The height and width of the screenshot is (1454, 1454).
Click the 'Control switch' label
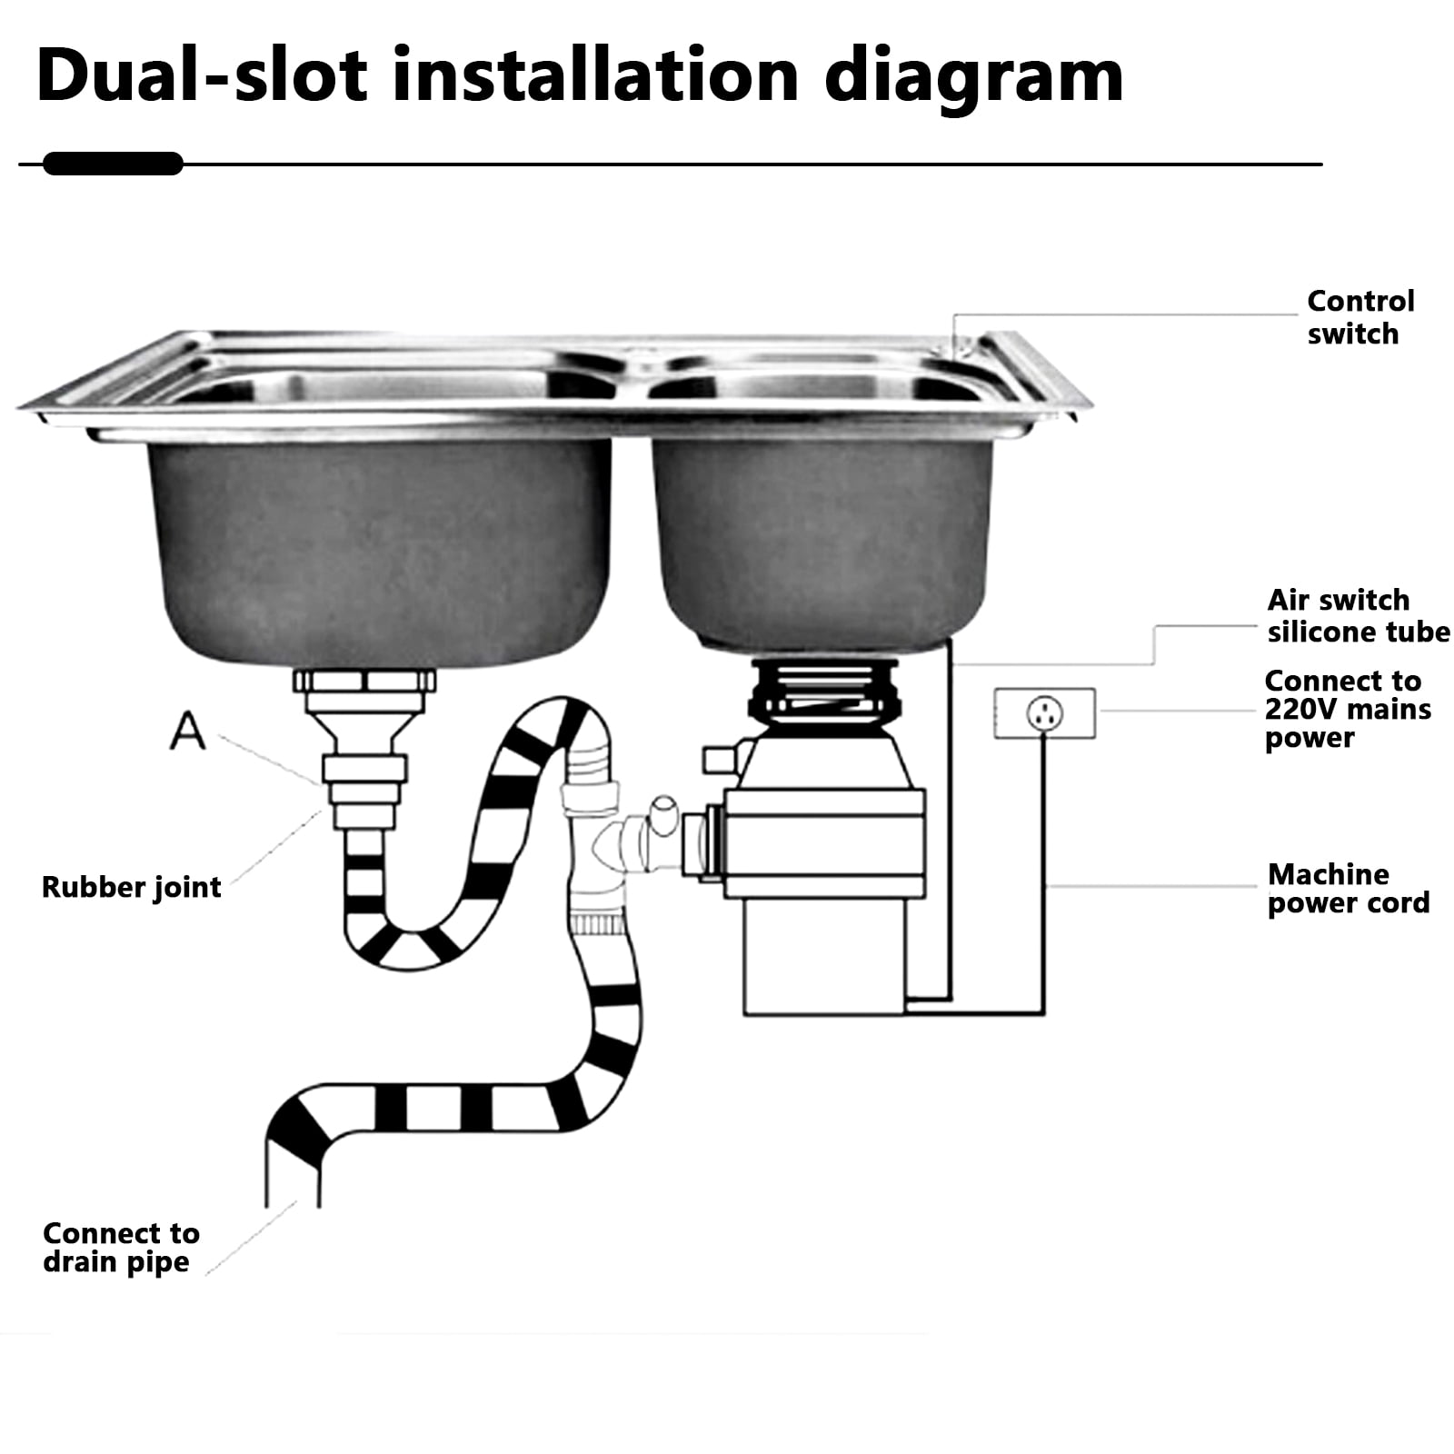coord(1360,317)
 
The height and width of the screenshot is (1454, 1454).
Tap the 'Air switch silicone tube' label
coord(1359,615)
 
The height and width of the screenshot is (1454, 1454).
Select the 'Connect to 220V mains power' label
coord(1348,709)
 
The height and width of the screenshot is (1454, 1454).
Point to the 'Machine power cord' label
coord(1349,888)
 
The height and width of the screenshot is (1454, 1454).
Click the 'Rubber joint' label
coord(132,887)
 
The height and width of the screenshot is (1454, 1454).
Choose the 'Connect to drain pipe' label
coord(121,1247)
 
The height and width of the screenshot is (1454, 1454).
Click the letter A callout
coord(187,730)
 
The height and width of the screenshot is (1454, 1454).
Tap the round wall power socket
coord(1044,713)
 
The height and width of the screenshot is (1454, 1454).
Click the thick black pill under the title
coord(113,164)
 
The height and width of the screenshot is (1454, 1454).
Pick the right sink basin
coord(822,545)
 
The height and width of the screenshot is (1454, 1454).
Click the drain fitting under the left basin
coord(363,750)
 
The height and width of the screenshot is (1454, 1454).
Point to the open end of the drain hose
coord(292,1181)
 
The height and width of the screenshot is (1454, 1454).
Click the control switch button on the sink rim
coord(958,346)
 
